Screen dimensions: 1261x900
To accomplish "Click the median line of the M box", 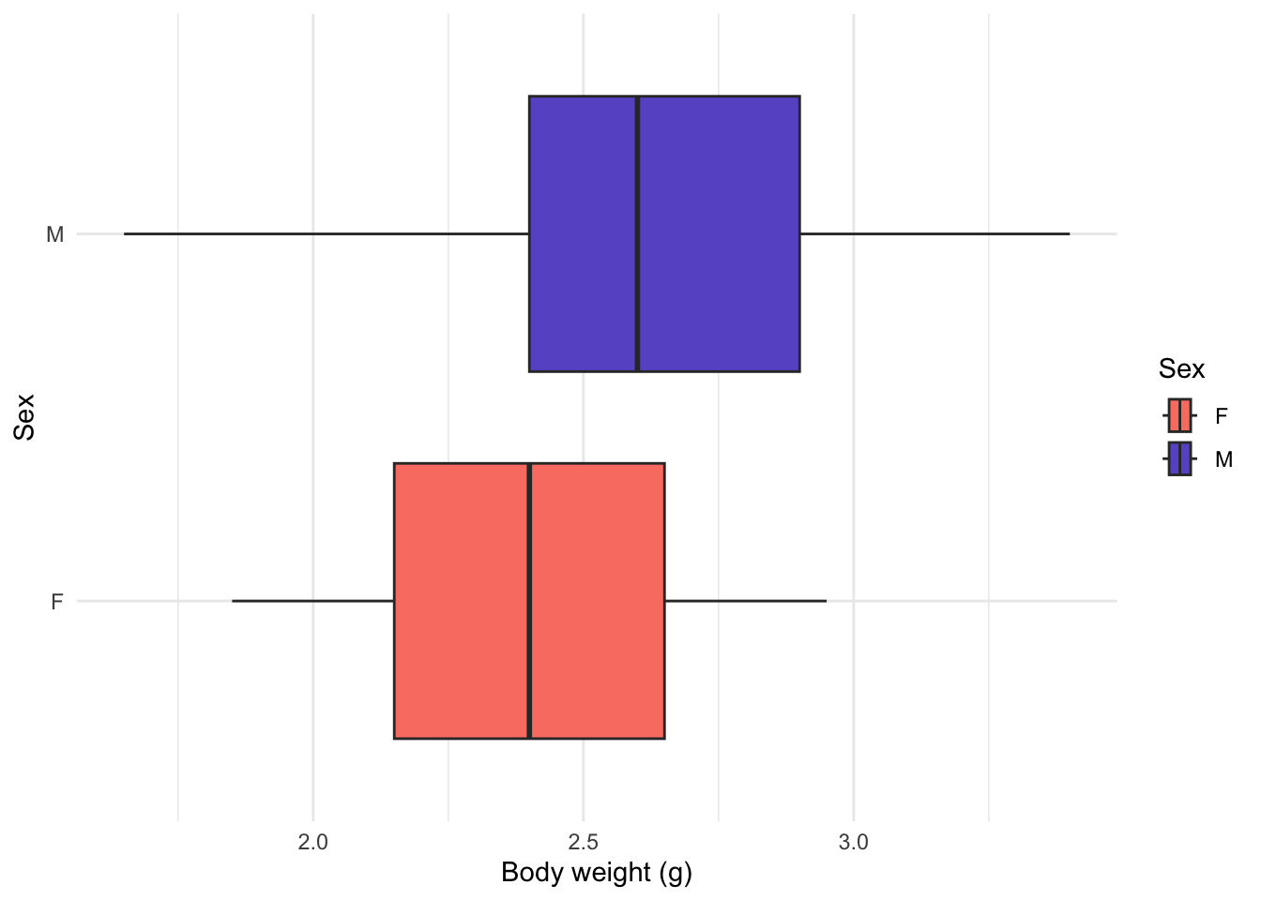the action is tap(637, 234).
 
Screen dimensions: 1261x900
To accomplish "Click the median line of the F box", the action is tap(529, 601).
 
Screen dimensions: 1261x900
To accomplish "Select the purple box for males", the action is tap(664, 234).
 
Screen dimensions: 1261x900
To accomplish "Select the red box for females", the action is tap(529, 601).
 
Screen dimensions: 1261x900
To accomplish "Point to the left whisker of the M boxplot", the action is tap(327, 234).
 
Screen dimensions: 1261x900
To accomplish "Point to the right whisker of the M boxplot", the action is tap(934, 234).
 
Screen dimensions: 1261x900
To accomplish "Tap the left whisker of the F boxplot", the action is tap(313, 601).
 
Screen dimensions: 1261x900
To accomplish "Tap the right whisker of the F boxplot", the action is tap(745, 601).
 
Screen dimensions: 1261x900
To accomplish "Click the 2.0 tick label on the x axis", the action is tap(313, 842).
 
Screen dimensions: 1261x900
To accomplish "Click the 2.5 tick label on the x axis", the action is tap(584, 842).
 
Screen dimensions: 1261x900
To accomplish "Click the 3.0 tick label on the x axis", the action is tap(854, 842).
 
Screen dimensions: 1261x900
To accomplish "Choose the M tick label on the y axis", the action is tap(54, 234).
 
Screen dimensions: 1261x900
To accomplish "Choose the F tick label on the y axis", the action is tap(57, 601).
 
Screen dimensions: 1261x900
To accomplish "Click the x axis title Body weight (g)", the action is tap(597, 873).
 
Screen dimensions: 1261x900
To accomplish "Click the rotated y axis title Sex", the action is tap(24, 417).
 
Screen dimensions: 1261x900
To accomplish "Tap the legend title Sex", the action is tap(1181, 369).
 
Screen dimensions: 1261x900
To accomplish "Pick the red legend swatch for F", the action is tap(1180, 415).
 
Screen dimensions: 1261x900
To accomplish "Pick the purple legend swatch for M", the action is tap(1180, 459).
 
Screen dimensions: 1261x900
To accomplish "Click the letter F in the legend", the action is tap(1221, 416).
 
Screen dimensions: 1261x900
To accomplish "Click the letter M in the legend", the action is tap(1223, 459).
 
